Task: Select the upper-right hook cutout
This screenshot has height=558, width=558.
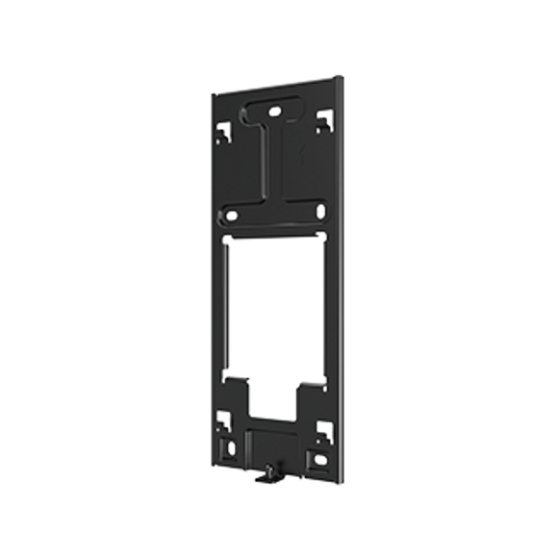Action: (324, 119)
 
